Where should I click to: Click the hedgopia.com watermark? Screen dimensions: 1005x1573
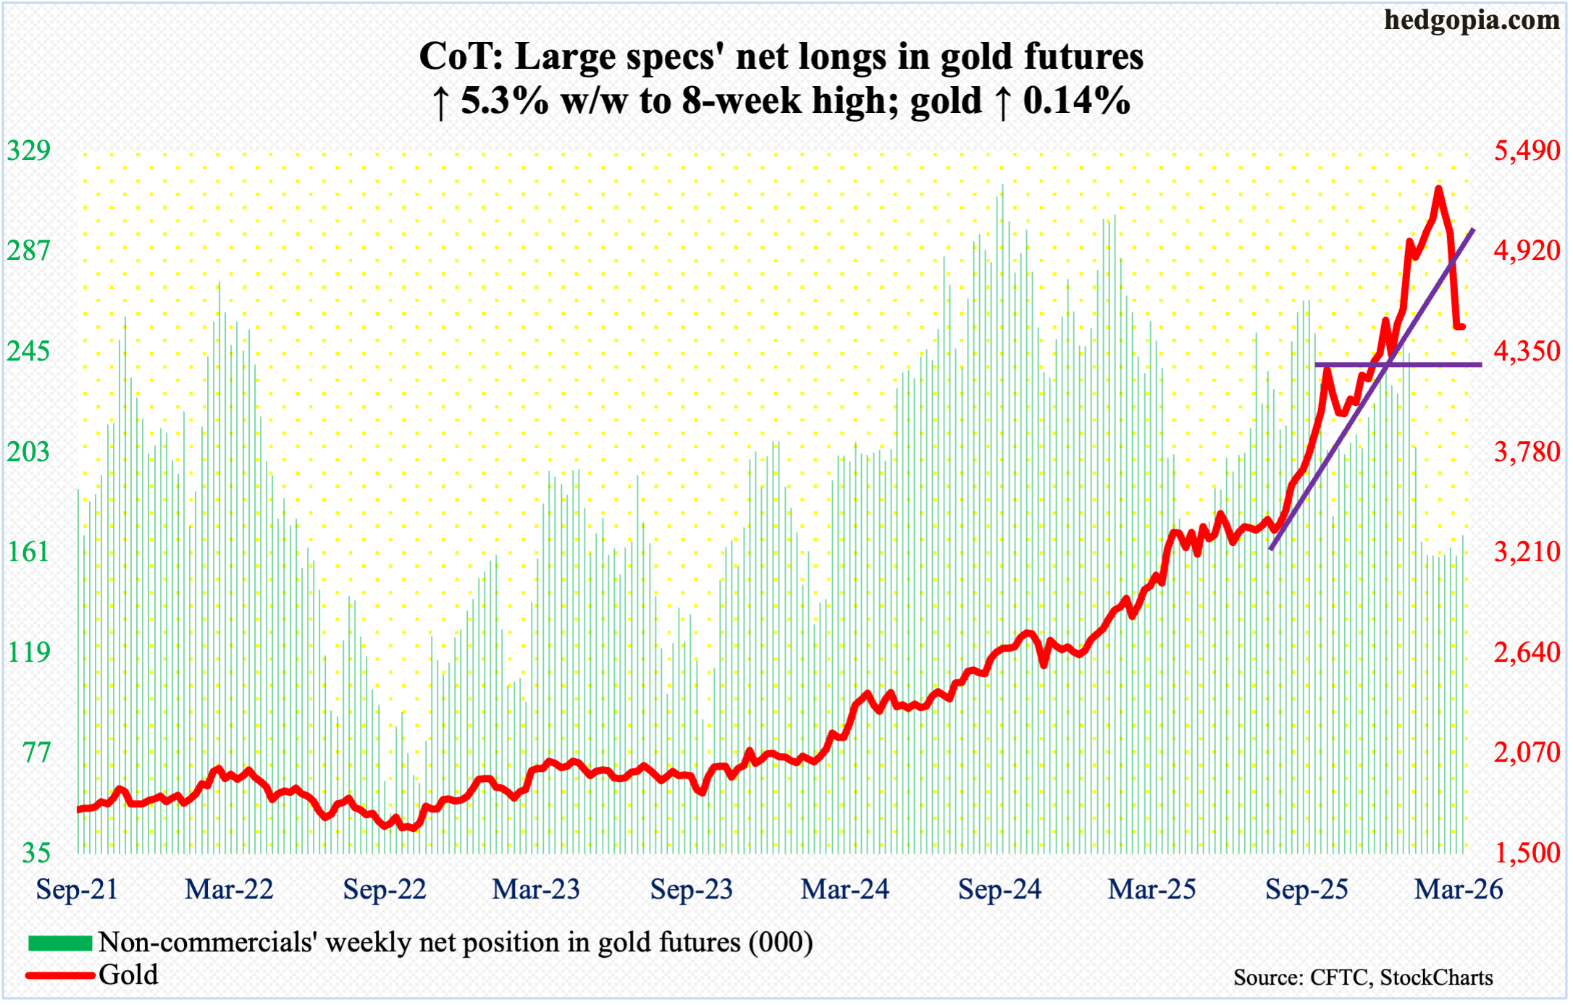tap(1472, 20)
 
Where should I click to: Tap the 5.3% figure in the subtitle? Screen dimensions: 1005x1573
tap(504, 101)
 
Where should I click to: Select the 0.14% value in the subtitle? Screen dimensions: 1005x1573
tap(1076, 101)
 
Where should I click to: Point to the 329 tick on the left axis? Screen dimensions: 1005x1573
tap(29, 151)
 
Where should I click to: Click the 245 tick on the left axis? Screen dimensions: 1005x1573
tap(29, 351)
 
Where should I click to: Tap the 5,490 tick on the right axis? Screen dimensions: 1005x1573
tap(1527, 151)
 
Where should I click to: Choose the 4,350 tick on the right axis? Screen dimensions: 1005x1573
tap(1527, 351)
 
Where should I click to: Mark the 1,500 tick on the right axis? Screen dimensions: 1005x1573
tap(1527, 853)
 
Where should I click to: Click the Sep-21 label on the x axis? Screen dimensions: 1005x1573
tap(77, 889)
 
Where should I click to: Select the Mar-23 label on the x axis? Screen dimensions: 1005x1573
tap(536, 889)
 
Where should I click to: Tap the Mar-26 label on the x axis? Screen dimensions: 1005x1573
tap(1459, 889)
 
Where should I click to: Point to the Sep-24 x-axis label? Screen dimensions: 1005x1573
tap(999, 889)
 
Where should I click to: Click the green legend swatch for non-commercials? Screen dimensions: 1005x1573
tap(60, 943)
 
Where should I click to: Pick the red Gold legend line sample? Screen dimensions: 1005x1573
tap(60, 975)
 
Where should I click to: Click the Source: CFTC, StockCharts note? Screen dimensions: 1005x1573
tap(1363, 977)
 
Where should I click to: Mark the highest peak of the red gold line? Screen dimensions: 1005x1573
tap(1438, 190)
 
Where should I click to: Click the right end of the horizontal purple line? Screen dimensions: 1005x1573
tap(1480, 365)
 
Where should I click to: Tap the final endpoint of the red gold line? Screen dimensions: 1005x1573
tap(1462, 327)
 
